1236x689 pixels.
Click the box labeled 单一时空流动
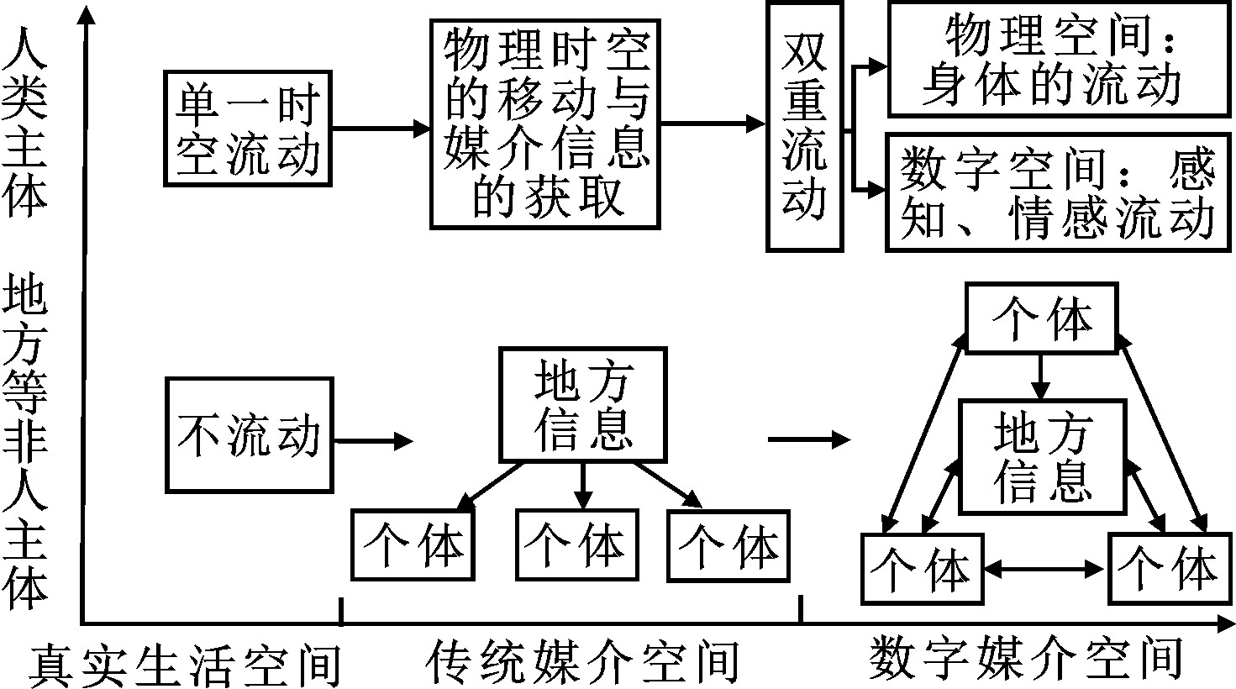[249, 129]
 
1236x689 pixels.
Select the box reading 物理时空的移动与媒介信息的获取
[546, 123]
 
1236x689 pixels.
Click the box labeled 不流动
[249, 435]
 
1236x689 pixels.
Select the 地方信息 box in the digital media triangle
[1042, 456]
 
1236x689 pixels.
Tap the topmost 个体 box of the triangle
[1042, 318]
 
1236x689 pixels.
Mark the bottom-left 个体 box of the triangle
[922, 569]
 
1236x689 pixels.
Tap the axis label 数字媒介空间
[1026, 656]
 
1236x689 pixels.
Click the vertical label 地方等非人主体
[25, 442]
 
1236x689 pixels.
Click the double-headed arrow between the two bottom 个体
[1044, 569]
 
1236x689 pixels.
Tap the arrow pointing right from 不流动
[374, 440]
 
